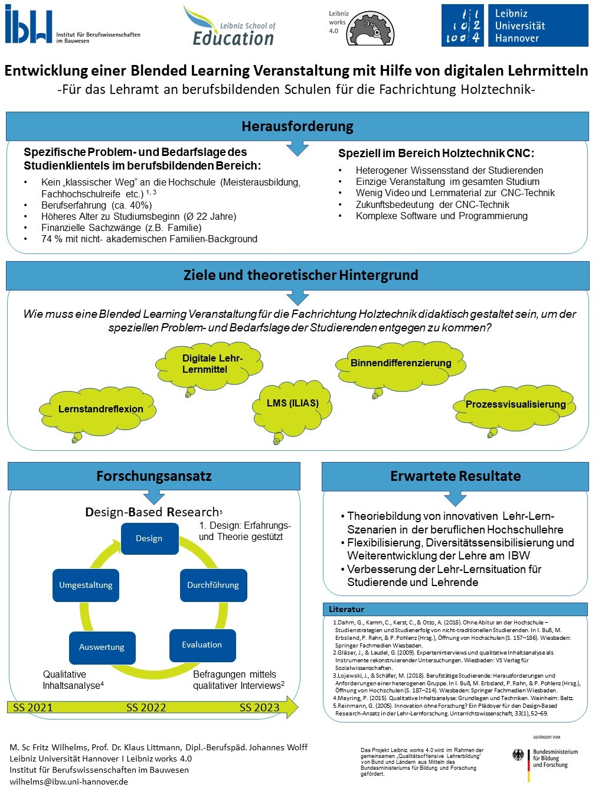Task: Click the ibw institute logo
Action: coord(72,24)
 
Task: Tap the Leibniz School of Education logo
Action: coord(230,26)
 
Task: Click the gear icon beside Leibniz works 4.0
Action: coord(370,28)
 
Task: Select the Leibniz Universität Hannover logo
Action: coord(515,25)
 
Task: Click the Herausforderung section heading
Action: coord(297,126)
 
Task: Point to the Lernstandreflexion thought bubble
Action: coord(97,410)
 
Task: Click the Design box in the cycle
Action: coord(149,538)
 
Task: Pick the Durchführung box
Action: coord(214,585)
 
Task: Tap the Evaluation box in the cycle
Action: coord(202,645)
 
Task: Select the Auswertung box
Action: coord(102,647)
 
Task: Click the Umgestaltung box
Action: coord(86,585)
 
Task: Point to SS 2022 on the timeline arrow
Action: coord(146,707)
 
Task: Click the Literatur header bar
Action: coord(455,609)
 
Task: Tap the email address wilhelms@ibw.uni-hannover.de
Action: coord(68,782)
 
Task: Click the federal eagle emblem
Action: coord(518,754)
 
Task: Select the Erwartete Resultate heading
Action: coord(455,476)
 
